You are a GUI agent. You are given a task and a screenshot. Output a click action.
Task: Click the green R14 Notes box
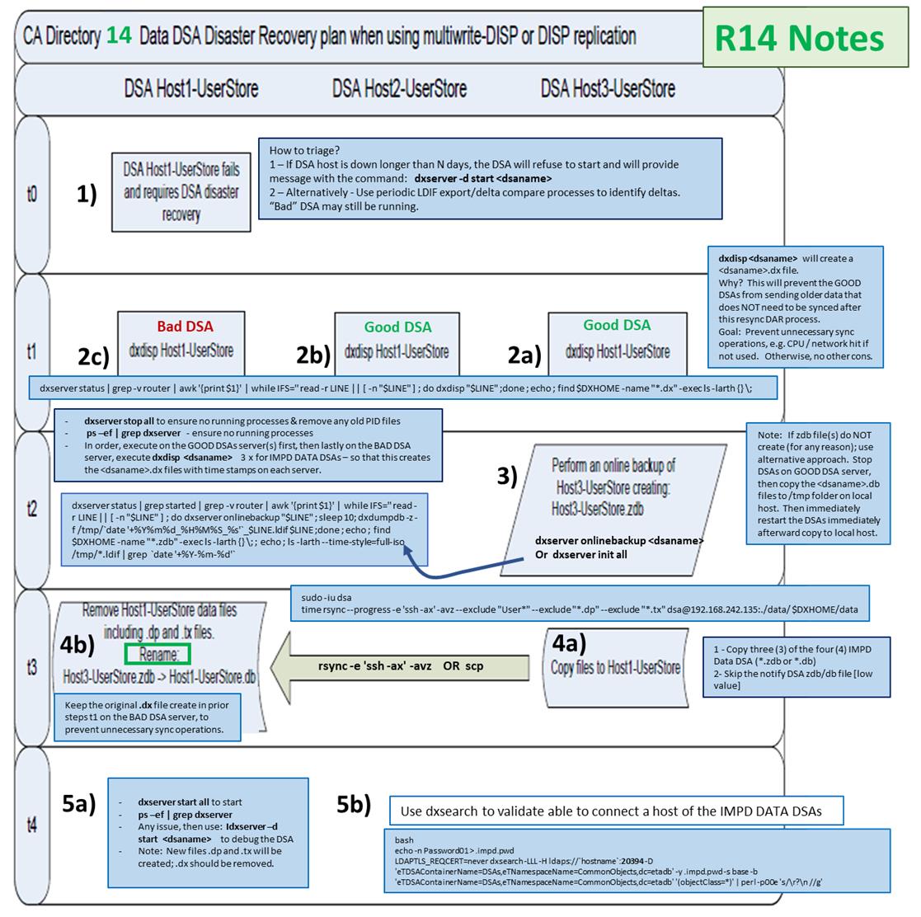(x=798, y=37)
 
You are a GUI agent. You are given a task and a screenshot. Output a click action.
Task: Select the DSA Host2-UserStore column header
(x=399, y=88)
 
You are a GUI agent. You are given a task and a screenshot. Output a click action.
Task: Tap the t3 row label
(x=31, y=666)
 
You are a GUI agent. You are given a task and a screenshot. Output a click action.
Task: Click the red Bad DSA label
(x=186, y=327)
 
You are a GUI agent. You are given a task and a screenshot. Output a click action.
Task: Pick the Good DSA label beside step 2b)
(x=398, y=327)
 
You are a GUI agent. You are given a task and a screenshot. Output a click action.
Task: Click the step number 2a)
(x=525, y=355)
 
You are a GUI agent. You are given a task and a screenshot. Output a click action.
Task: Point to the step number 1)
(x=87, y=194)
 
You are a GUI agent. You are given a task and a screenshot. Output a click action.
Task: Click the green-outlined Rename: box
(x=157, y=654)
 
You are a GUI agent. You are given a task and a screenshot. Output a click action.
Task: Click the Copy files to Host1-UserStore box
(x=615, y=666)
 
